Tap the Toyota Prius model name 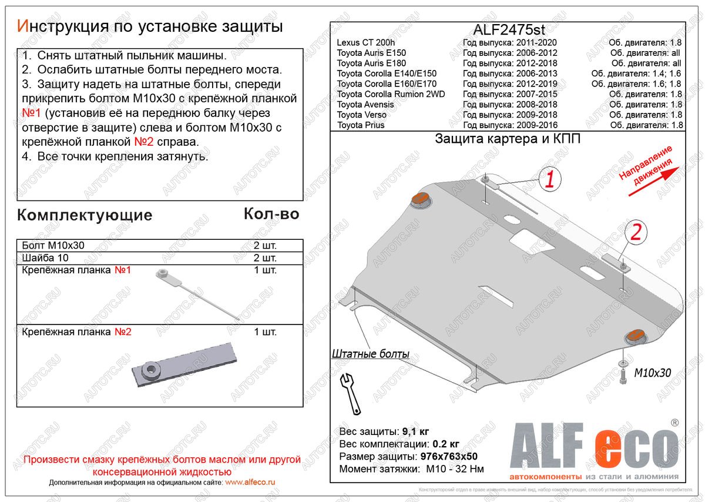[x=361, y=125]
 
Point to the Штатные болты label [x=370, y=354]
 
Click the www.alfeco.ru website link [x=250, y=482]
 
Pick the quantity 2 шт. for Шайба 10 [x=265, y=258]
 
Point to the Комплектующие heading [x=85, y=215]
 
